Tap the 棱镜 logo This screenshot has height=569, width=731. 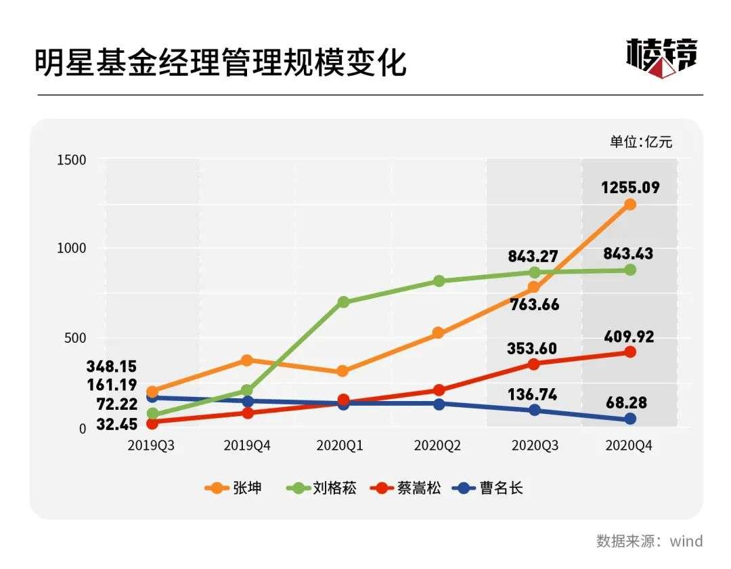coord(661,58)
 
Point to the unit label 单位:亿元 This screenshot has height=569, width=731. coord(641,142)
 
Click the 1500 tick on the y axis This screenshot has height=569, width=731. coord(72,160)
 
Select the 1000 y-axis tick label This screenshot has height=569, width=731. coord(72,249)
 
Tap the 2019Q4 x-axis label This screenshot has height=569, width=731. coord(248,445)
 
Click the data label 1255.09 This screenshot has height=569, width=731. coord(630,188)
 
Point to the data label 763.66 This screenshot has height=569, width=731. coord(534,305)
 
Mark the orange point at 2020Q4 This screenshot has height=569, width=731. coord(630,205)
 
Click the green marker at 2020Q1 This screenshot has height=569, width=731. coord(343,302)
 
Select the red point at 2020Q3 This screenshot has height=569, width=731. coord(534,364)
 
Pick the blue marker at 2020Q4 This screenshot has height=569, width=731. coord(630,419)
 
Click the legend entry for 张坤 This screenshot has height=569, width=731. coord(234,488)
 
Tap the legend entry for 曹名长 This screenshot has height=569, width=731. coord(490,488)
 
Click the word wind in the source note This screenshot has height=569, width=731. coord(686,541)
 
